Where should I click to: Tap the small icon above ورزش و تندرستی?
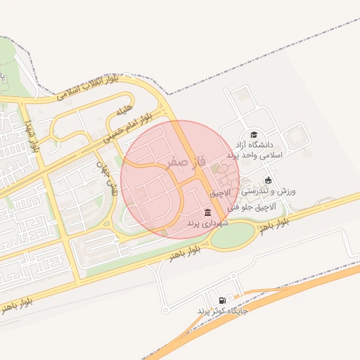(x=268, y=180)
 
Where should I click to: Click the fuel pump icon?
(x=223, y=300)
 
